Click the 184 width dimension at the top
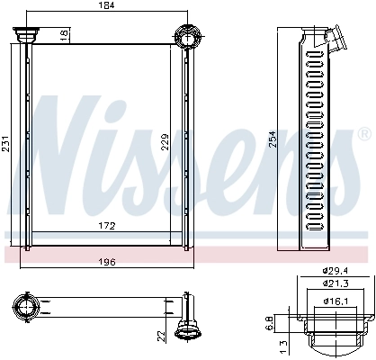click(106, 6)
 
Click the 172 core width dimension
click(106, 224)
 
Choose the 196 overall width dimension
click(106, 263)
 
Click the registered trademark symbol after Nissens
click(363, 133)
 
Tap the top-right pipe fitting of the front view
click(187, 37)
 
